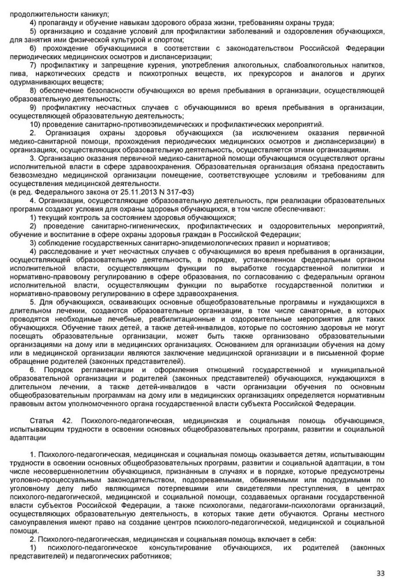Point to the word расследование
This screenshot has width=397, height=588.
pyautogui.click(x=64, y=252)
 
